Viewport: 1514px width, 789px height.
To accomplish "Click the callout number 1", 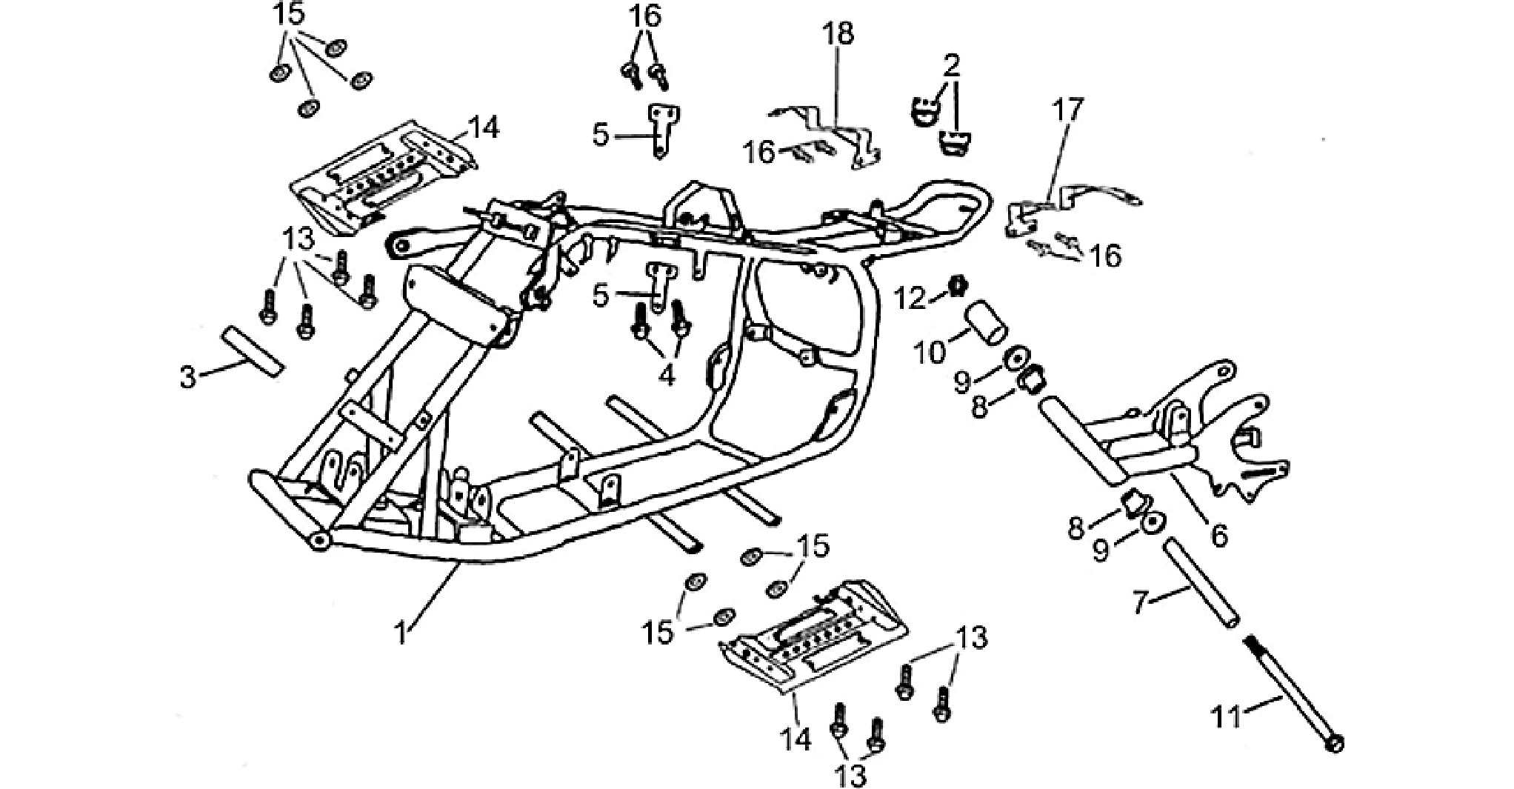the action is pos(401,633).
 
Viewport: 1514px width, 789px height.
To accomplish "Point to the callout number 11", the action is pos(1227,716).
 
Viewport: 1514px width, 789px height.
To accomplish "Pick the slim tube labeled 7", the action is pos(1200,585).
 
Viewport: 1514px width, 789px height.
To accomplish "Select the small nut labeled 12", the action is pos(958,285).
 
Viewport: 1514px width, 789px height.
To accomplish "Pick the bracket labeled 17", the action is pos(1067,211).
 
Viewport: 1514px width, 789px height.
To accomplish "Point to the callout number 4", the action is pos(667,376).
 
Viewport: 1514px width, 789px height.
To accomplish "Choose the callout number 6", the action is pos(1219,534).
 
